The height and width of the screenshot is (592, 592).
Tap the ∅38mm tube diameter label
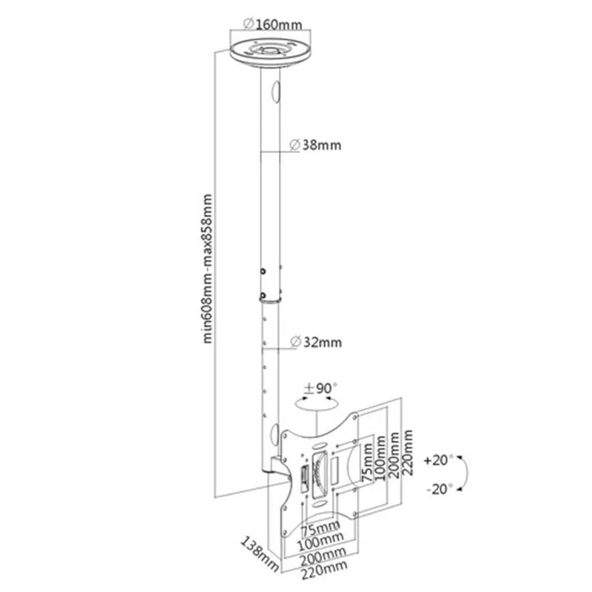pos(316,145)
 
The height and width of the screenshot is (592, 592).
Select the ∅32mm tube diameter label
pos(316,342)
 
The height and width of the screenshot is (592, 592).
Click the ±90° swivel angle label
pos(321,387)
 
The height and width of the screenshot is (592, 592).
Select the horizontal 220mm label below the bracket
pos(324,567)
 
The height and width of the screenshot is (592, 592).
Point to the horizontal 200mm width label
pos(323,554)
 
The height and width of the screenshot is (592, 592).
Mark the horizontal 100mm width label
pos(324,540)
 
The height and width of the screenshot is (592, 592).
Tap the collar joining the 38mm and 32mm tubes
pos(270,296)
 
